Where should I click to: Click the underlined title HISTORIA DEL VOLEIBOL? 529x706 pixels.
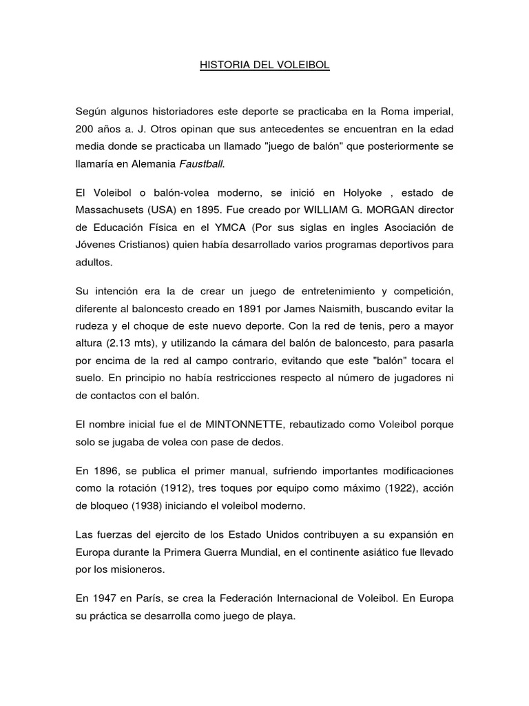pyautogui.click(x=264, y=65)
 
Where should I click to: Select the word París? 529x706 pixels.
pyautogui.click(x=152, y=598)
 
